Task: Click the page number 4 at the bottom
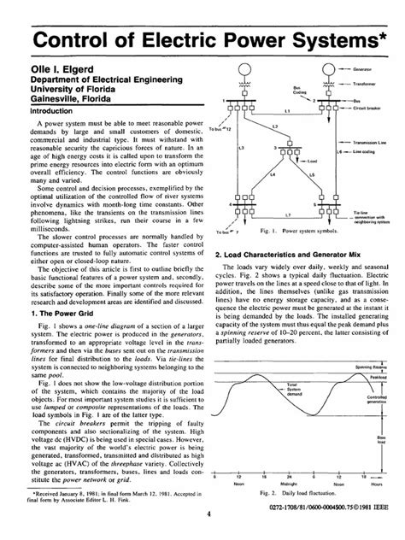[208, 514]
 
